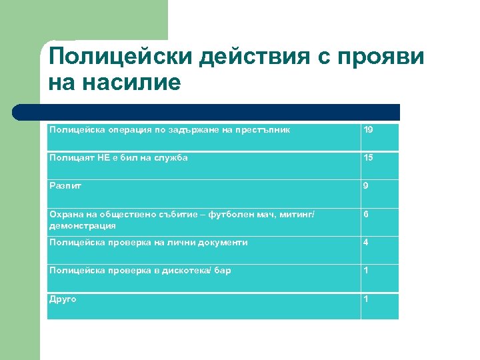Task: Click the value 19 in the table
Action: click(368, 129)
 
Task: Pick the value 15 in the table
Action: click(368, 157)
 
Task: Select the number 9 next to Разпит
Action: click(365, 186)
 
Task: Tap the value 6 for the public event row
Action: click(365, 215)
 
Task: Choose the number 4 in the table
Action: click(365, 243)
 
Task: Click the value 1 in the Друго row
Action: click(365, 299)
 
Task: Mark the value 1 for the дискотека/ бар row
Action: click(365, 271)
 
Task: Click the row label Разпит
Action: click(61, 186)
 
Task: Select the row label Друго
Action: click(63, 299)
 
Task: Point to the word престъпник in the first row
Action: click(265, 129)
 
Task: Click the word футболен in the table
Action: click(228, 215)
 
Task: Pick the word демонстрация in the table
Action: click(82, 226)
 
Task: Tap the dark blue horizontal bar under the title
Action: click(207, 112)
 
